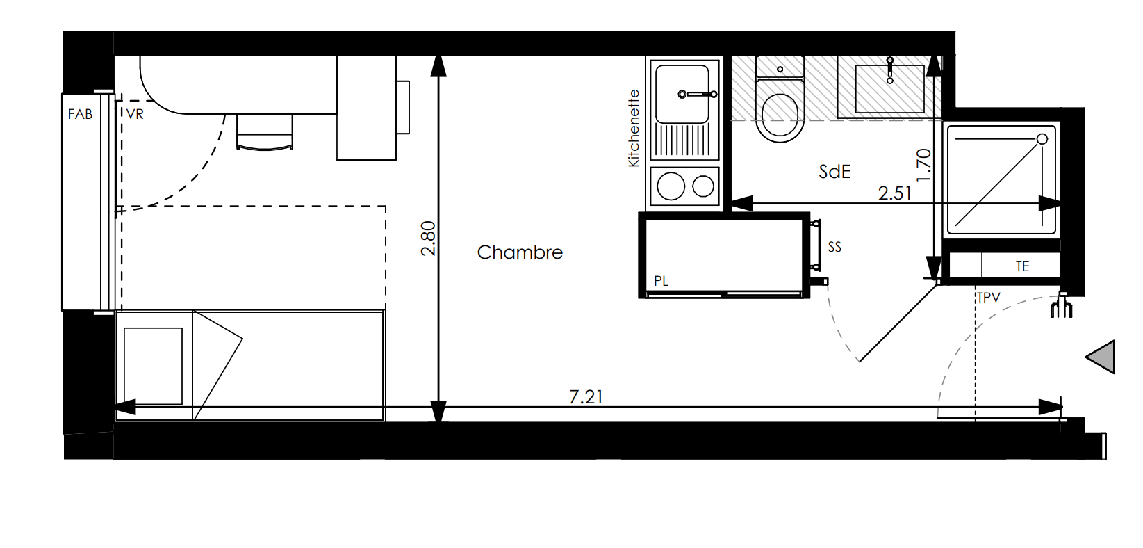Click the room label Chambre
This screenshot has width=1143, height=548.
[x=520, y=252]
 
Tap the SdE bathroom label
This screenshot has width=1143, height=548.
[x=834, y=172]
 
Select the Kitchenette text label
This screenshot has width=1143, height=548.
[x=634, y=128]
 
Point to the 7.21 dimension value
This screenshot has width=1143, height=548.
[x=586, y=397]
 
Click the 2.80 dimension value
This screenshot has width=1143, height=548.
[x=428, y=238]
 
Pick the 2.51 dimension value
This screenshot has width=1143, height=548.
[x=894, y=193]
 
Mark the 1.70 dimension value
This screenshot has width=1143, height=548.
[x=923, y=164]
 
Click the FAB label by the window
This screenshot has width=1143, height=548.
[x=80, y=115]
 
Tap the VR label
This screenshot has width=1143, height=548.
[x=135, y=115]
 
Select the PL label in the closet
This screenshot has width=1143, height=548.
[x=661, y=281]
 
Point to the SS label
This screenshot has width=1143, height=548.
[x=834, y=247]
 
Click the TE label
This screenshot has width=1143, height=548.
[x=1022, y=266]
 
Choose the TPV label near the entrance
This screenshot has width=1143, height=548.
[x=988, y=298]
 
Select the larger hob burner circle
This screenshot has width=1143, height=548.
[x=671, y=186]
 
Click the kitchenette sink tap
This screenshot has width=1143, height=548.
[x=698, y=94]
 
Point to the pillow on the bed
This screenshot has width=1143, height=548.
[x=153, y=366]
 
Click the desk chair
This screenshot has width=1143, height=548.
[x=265, y=131]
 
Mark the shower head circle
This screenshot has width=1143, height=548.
[x=1042, y=139]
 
